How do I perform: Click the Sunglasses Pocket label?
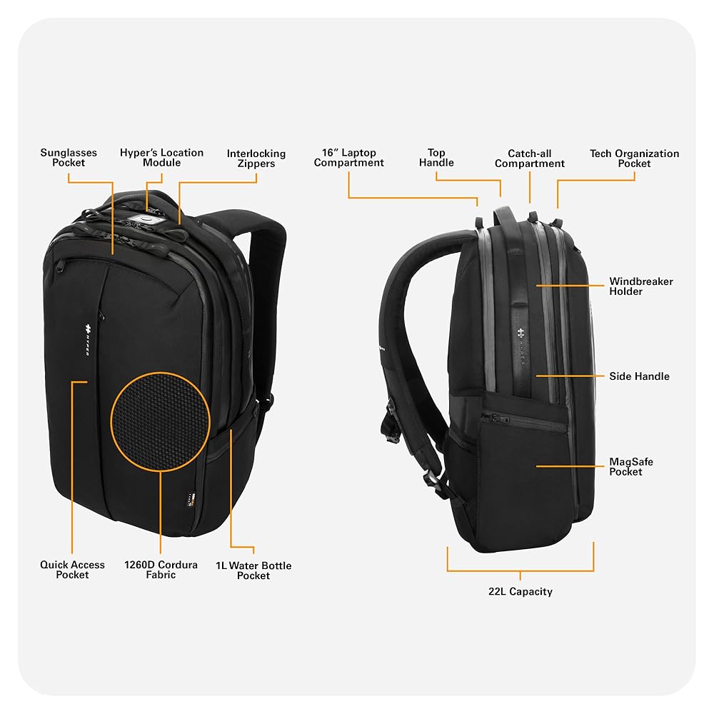[69, 158]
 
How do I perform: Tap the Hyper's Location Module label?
[161, 158]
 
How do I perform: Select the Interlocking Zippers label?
[256, 159]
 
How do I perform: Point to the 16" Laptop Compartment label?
[348, 158]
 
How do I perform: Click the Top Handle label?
[436, 158]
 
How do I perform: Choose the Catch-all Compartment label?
[529, 159]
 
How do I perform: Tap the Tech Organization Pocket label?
[634, 159]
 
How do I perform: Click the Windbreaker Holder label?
[640, 286]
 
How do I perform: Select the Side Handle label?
[639, 376]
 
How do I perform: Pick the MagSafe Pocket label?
[630, 467]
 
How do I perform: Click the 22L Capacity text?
[521, 591]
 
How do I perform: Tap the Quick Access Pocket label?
[72, 570]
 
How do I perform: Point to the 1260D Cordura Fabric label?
[161, 570]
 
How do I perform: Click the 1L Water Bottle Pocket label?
[253, 570]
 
